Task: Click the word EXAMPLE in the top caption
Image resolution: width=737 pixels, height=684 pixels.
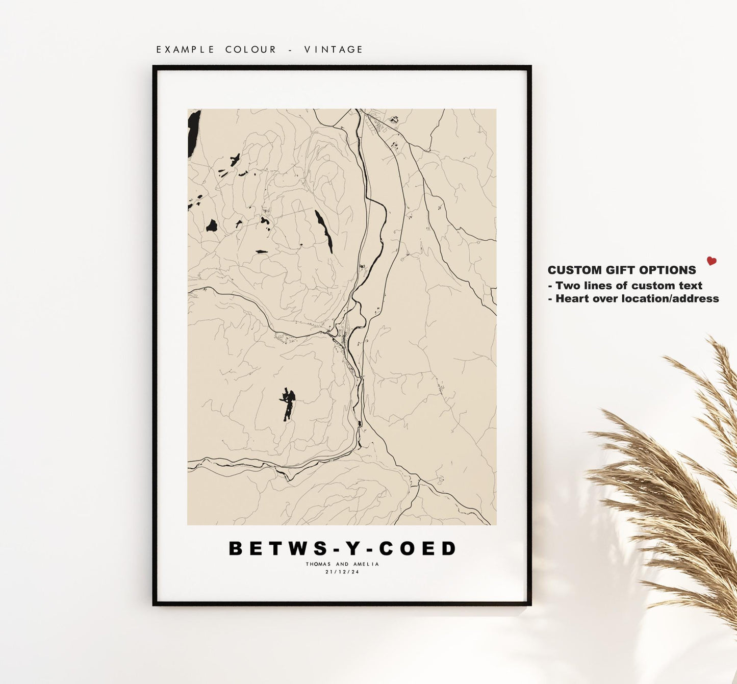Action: tap(185, 49)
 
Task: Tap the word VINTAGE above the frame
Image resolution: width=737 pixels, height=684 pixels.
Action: tap(334, 49)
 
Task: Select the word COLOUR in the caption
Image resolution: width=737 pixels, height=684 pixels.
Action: tap(251, 49)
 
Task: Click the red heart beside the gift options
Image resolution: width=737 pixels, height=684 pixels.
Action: tap(711, 261)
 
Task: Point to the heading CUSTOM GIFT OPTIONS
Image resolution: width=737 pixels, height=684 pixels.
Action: tap(622, 270)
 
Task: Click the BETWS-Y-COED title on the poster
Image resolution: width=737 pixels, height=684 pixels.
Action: tap(342, 549)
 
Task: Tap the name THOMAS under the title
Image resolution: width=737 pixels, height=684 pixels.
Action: tap(318, 564)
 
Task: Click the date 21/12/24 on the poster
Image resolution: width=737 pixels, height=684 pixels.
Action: tap(342, 572)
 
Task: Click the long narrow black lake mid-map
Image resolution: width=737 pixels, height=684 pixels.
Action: tap(324, 230)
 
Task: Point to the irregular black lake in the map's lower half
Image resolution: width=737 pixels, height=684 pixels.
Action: tap(288, 403)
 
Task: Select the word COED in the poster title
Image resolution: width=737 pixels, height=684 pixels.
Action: tap(417, 549)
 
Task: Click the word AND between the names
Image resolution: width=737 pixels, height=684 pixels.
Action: tap(342, 564)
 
